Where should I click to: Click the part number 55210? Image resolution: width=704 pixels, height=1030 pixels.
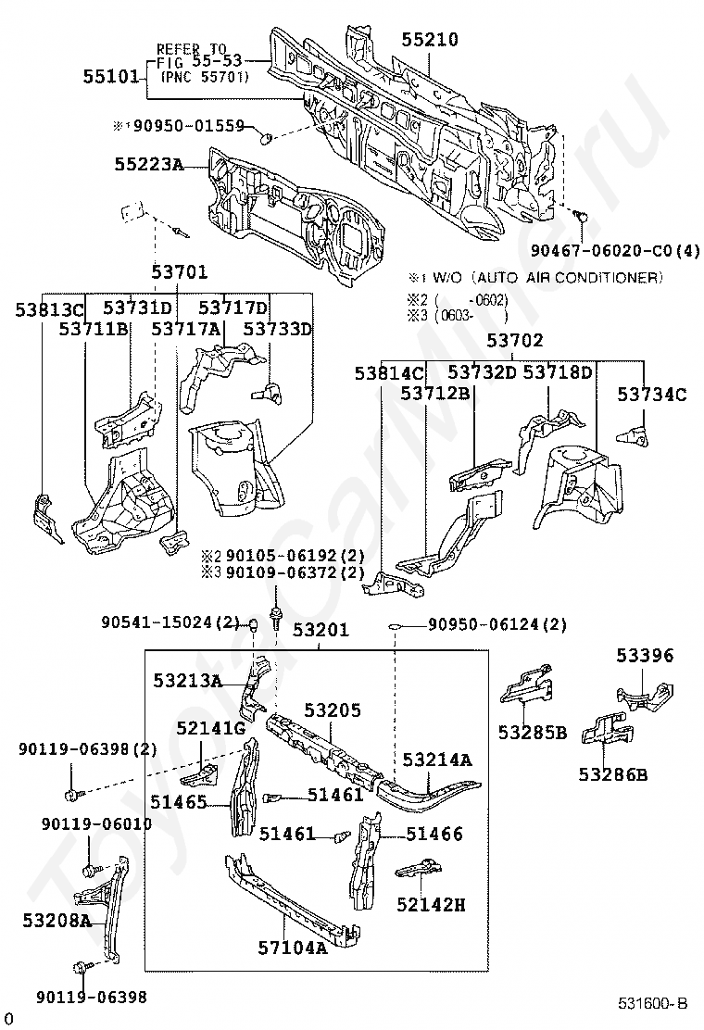pos(429,39)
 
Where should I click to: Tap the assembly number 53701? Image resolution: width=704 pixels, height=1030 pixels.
pos(179,272)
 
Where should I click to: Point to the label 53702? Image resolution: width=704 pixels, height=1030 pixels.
pos(515,340)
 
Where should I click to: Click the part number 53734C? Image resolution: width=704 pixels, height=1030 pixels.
pos(652,395)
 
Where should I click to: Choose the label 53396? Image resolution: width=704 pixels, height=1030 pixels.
pos(645,656)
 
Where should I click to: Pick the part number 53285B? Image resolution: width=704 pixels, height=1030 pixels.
pos(532,732)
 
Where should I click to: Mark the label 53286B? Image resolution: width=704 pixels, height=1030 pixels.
pos(613,773)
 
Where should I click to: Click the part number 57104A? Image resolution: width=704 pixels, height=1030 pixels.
pos(293,948)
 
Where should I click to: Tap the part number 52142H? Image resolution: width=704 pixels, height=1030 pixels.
pos(431,904)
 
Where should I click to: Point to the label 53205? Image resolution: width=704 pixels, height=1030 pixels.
pos(332,710)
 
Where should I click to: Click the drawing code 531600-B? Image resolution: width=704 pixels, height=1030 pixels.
pos(654,1003)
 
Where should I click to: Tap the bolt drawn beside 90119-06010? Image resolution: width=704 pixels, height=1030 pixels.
pos(90,870)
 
